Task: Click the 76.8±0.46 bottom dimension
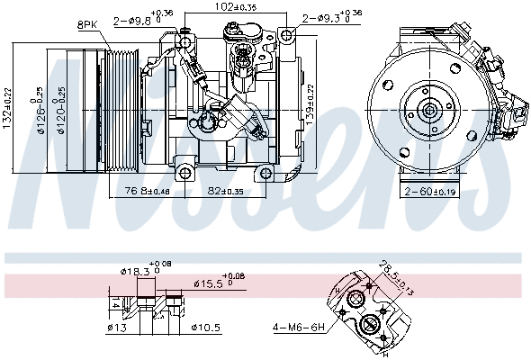147,191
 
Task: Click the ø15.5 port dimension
216,284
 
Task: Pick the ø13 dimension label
116,327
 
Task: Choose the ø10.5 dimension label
205,327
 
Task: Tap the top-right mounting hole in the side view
287,35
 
